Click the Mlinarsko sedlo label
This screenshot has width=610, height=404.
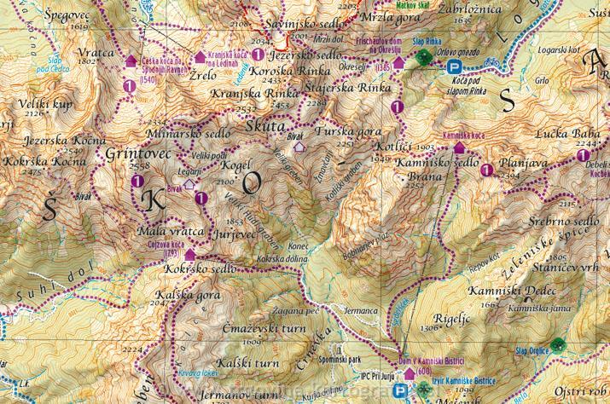click(183, 134)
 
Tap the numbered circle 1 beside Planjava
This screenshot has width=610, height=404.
click(487, 170)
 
